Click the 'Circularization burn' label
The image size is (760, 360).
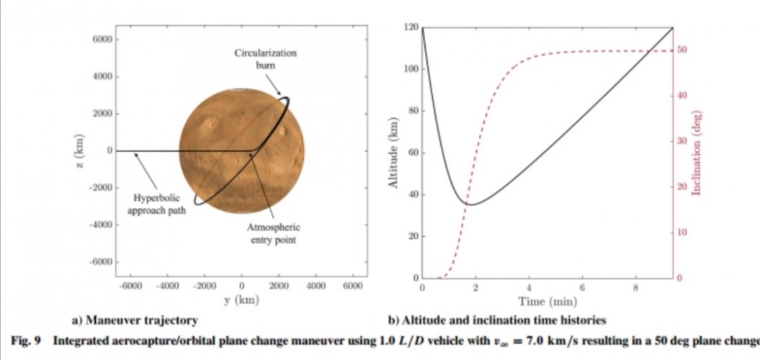coord(265,58)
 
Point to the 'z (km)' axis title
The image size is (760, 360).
coord(80,153)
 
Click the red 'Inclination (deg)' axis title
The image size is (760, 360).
coord(697,153)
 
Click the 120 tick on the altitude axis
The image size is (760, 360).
coord(411,27)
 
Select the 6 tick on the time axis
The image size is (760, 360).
coord(583,288)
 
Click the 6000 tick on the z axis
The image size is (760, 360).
coord(102,40)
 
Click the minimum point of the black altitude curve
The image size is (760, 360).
coord(470,204)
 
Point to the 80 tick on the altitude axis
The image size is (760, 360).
coord(413,111)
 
